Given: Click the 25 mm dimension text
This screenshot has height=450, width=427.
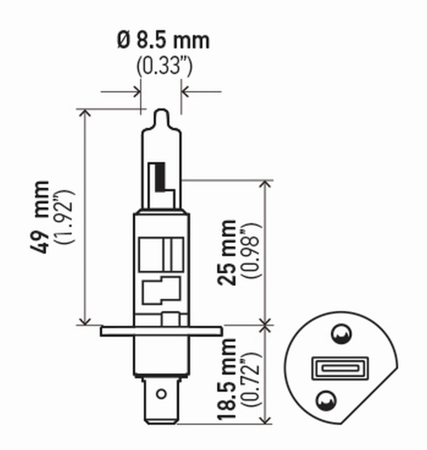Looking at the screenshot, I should coord(227,252).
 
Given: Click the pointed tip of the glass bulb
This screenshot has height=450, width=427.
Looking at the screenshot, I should coord(161,113).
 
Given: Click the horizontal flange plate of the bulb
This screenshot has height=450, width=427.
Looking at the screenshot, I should coord(161,331).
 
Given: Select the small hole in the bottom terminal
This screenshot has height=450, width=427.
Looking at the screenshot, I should coord(160,395).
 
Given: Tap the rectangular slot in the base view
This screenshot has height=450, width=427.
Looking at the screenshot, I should coord(331,368).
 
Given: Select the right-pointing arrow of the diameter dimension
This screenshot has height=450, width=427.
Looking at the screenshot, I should coord(137,92).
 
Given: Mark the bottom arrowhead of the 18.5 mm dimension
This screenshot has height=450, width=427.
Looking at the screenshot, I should coord(265,422).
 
